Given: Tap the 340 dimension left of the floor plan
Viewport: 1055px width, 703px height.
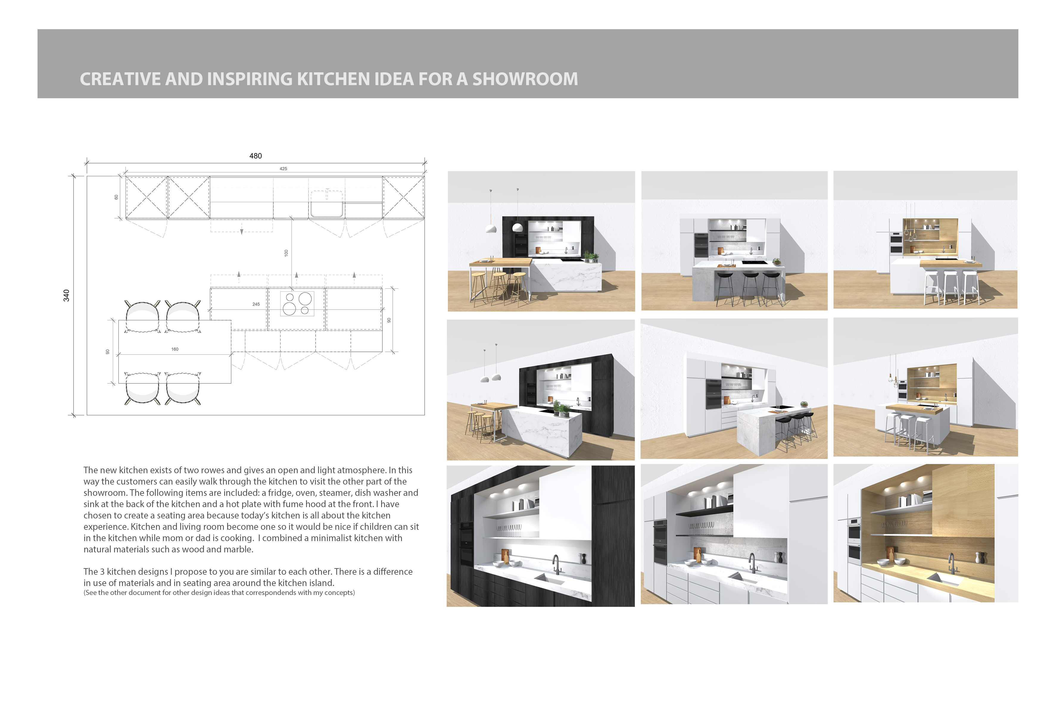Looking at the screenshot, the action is [66, 296].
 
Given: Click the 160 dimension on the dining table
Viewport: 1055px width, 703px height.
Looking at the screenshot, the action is [174, 349].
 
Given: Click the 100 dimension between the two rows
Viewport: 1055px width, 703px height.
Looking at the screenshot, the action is [286, 253].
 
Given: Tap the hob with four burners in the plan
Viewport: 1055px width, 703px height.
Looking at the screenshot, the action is [297, 304].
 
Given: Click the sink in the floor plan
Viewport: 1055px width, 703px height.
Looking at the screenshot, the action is [327, 204].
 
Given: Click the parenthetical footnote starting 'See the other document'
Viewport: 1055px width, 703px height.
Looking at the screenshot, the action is [219, 593].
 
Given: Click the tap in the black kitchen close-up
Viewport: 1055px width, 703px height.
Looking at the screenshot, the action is [556, 564].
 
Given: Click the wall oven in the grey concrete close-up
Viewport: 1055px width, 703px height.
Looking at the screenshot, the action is [660, 543].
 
